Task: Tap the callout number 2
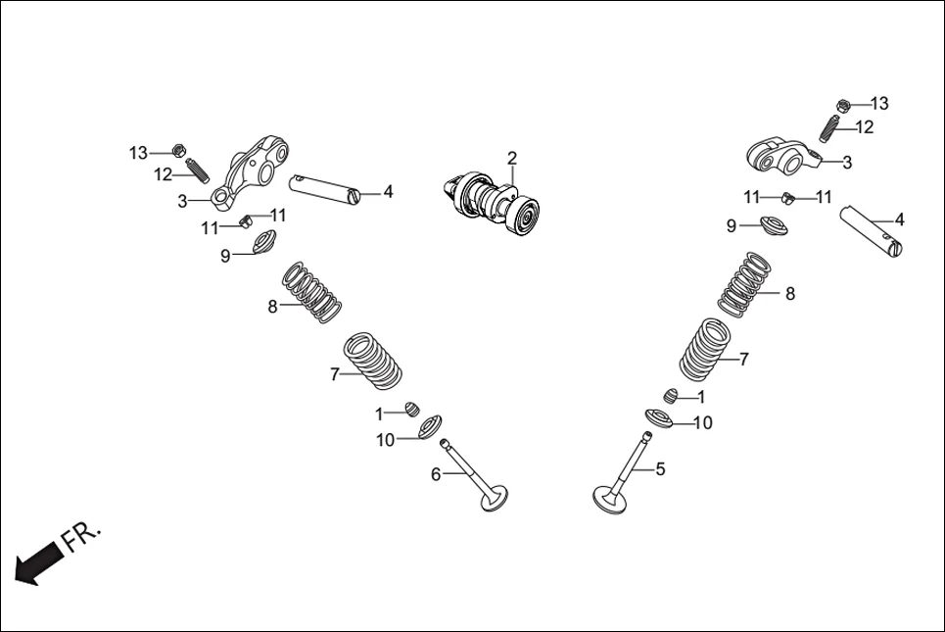tap(511, 158)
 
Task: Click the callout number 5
tap(660, 469)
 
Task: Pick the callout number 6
tap(436, 475)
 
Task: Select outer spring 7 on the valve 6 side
tap(373, 360)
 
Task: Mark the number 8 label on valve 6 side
tap(273, 307)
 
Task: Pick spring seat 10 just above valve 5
tap(662, 418)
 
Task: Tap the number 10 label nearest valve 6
tap(385, 440)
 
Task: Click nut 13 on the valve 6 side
tap(178, 151)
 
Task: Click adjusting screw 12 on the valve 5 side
tap(830, 125)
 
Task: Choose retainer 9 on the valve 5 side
tap(775, 227)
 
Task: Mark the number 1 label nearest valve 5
tap(701, 397)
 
